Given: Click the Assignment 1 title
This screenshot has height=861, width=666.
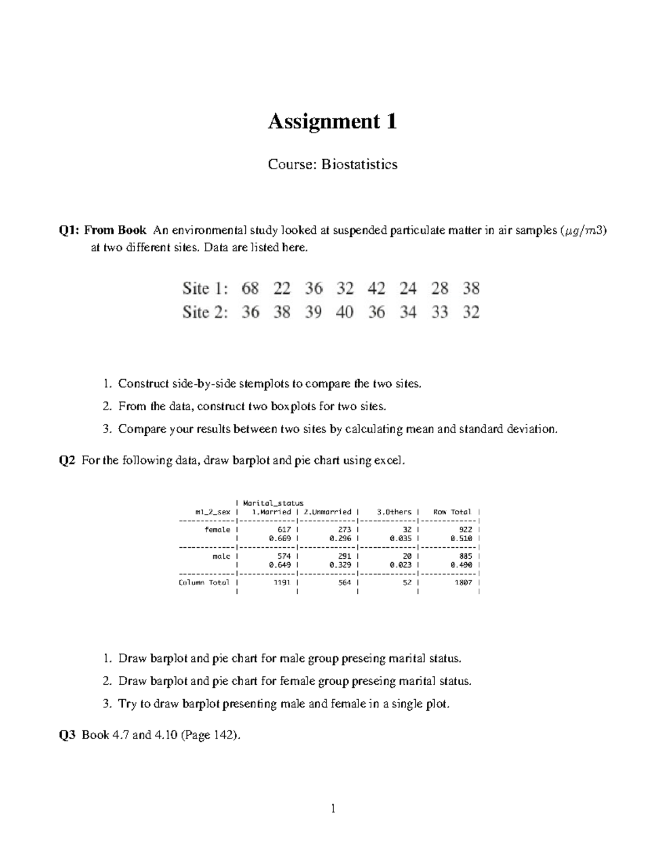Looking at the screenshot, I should (x=332, y=121).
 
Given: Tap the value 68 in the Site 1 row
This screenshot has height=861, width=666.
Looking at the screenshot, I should (x=250, y=288).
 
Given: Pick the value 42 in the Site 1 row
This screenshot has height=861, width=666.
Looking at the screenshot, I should (x=376, y=288).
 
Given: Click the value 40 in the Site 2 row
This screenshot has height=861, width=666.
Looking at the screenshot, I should (x=345, y=312).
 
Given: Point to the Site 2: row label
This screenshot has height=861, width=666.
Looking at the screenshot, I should (x=205, y=312).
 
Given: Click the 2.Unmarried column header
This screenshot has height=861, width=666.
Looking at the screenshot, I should (x=327, y=512).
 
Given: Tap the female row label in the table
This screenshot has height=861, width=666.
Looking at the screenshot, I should (x=217, y=530).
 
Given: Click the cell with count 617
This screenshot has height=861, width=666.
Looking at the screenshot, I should (x=284, y=530).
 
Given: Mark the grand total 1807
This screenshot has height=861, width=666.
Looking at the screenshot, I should (x=463, y=583).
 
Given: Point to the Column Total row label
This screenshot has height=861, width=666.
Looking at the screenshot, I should (x=204, y=583).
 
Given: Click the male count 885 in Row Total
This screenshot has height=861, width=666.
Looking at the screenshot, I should (x=465, y=556).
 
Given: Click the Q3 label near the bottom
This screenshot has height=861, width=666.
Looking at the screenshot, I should (x=67, y=735).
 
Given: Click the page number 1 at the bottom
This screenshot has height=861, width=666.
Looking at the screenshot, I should (x=333, y=809).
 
